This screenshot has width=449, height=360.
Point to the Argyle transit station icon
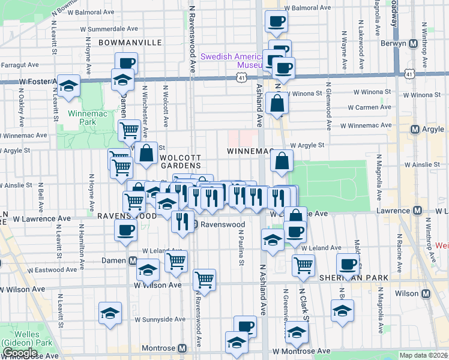coord(415,130)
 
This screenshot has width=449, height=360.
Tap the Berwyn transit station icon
coord(412,44)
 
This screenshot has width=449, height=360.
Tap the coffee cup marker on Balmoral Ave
coord(276,22)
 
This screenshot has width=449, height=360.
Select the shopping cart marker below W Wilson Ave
coord(205,279)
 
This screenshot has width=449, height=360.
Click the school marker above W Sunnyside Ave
coord(110,313)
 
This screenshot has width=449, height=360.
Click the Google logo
coord(20,353)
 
